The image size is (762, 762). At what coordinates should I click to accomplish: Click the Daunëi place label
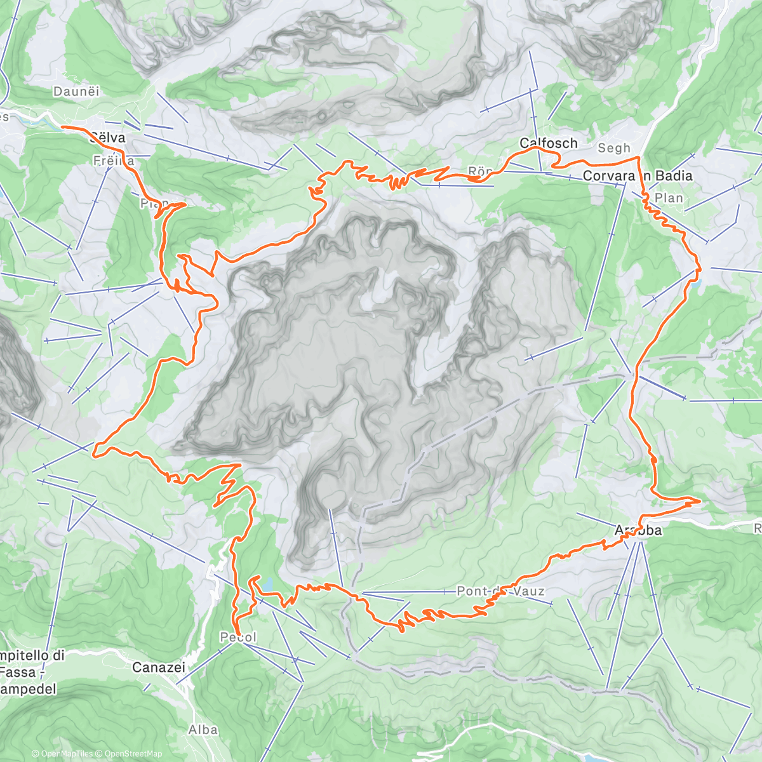click(x=77, y=91)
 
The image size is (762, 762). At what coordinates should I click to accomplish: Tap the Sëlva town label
click(x=107, y=138)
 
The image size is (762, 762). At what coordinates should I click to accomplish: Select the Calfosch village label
click(x=549, y=144)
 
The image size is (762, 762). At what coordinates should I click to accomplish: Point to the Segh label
click(x=614, y=149)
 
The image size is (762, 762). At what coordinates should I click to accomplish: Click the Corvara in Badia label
click(x=637, y=176)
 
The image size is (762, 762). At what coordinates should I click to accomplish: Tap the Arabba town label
click(x=638, y=530)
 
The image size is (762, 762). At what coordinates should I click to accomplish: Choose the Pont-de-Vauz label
click(x=500, y=591)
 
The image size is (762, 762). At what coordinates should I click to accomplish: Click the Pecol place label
click(x=238, y=637)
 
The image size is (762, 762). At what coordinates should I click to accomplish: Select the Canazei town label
click(x=159, y=667)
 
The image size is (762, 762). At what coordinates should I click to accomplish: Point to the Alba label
click(x=203, y=730)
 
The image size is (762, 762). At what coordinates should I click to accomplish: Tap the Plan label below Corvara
click(x=669, y=198)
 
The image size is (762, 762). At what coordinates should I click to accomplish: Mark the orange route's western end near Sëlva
click(x=62, y=127)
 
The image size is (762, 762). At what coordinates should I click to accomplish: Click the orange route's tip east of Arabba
click(x=700, y=502)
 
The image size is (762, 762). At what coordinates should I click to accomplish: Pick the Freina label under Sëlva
click(x=114, y=161)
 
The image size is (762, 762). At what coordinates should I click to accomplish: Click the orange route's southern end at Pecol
click(x=234, y=631)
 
